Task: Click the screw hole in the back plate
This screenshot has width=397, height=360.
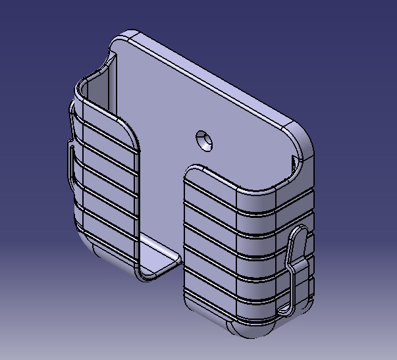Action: pos(205,140)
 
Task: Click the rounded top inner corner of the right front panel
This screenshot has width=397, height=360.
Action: pos(192,173)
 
